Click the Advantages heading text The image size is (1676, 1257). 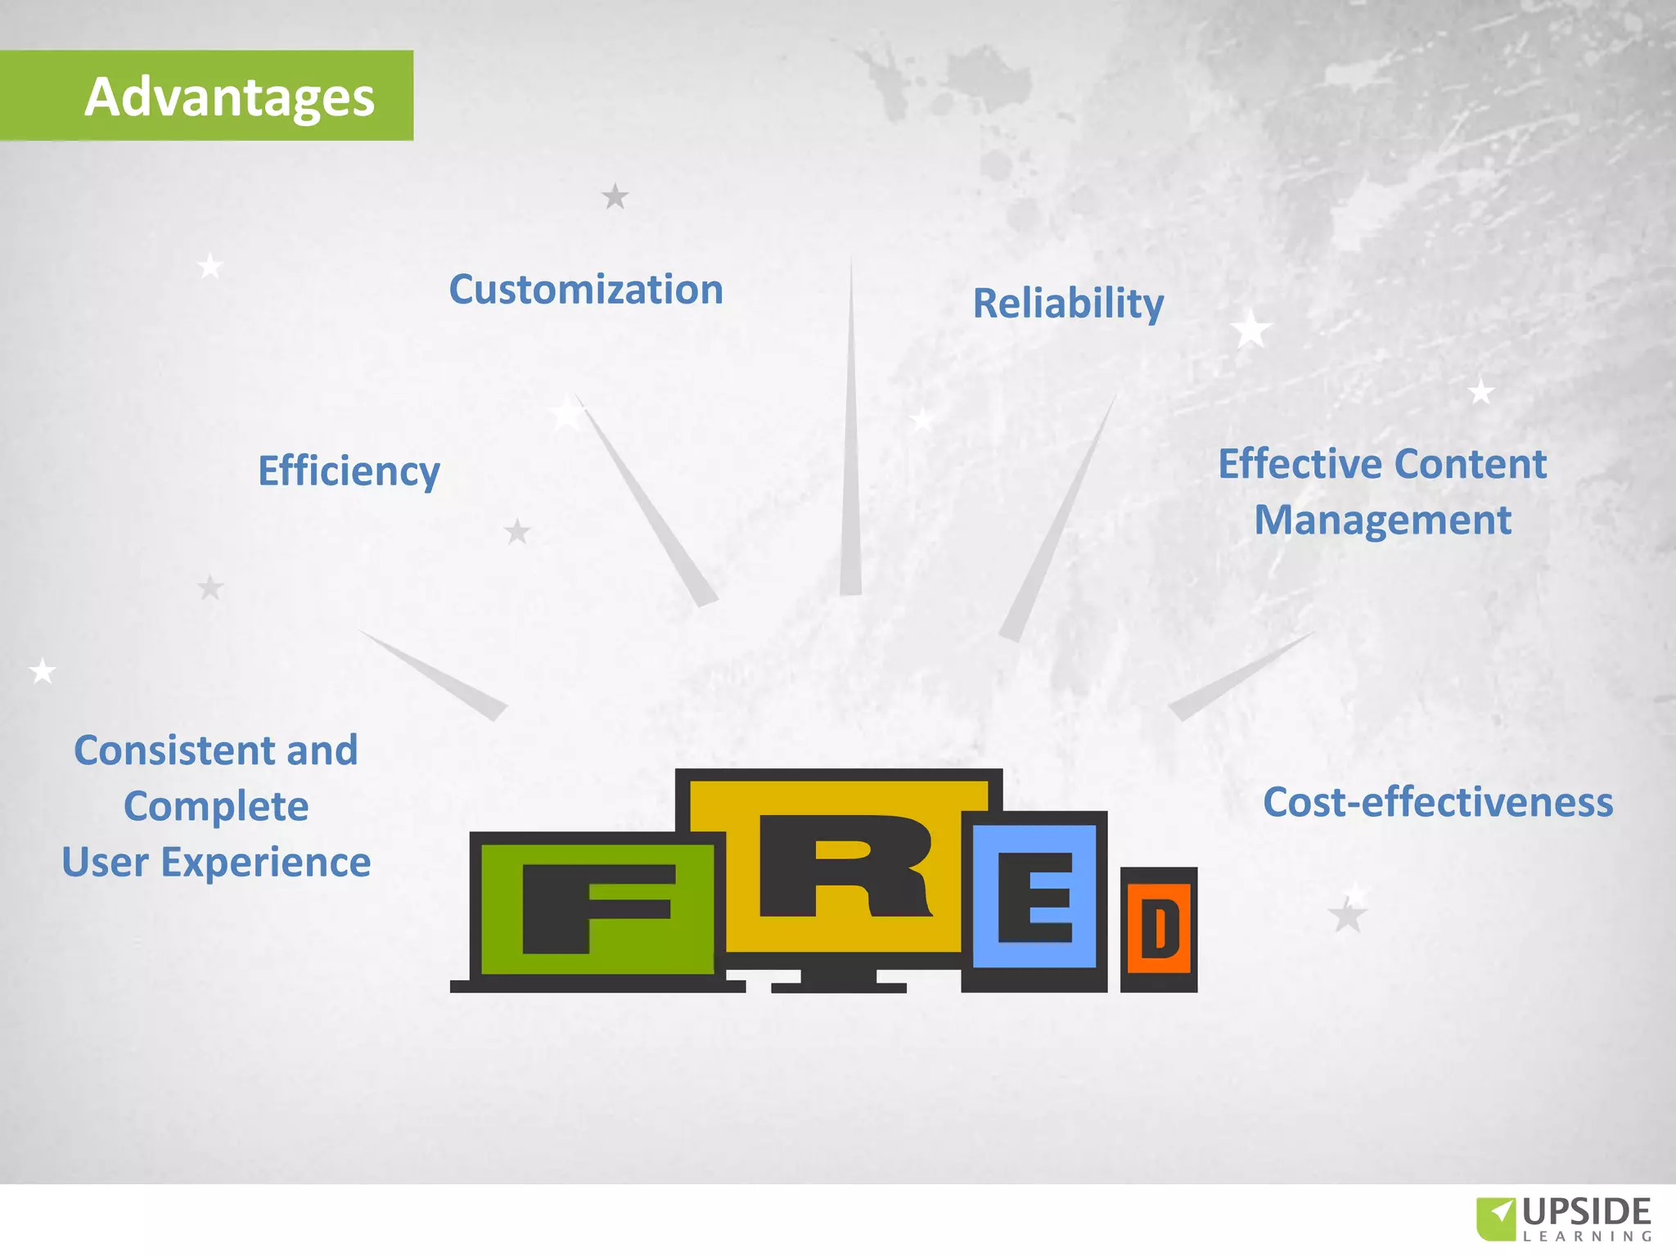click(229, 97)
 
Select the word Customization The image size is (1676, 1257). click(586, 290)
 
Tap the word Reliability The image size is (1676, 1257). click(1068, 304)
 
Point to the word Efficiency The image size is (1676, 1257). click(349, 471)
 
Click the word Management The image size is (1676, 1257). click(1382, 520)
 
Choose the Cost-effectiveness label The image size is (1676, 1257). click(1438, 802)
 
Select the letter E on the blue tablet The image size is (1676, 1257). click(1035, 897)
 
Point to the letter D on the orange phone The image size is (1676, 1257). click(1160, 928)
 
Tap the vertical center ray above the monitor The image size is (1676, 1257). click(851, 458)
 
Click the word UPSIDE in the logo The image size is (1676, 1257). click(1587, 1212)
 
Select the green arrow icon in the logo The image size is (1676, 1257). click(1496, 1218)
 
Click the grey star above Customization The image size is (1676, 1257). click(615, 196)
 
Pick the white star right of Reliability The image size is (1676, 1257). click(1250, 330)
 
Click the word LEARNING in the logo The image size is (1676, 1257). click(1587, 1237)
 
